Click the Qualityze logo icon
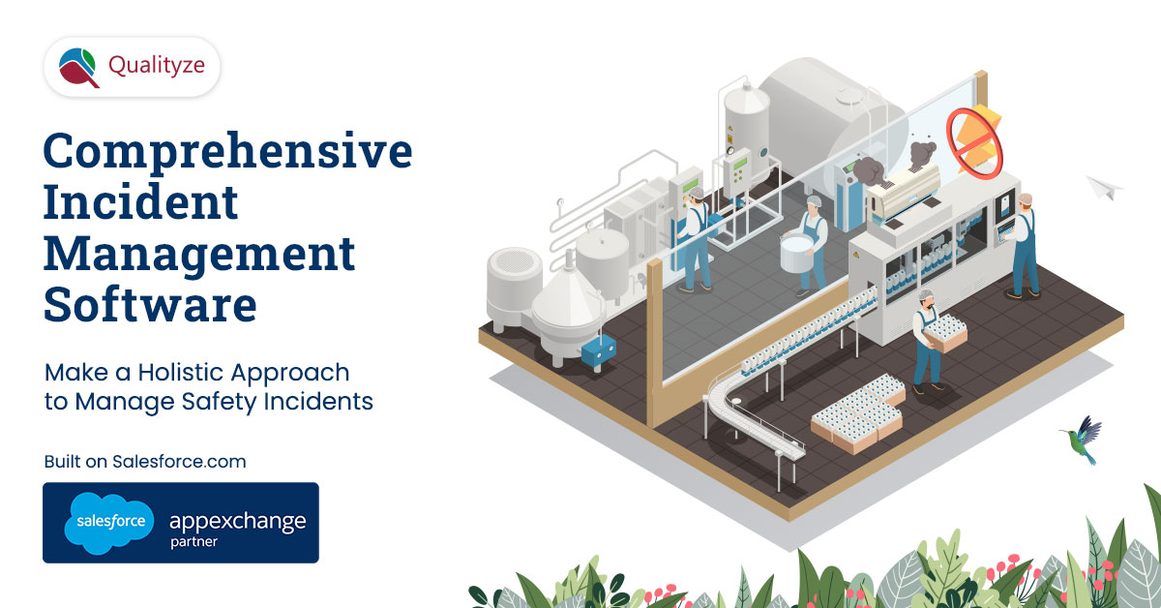[x=78, y=68]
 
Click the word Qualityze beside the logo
[x=157, y=67]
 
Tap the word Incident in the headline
[x=141, y=201]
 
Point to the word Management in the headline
[x=199, y=256]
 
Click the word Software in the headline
[x=150, y=304]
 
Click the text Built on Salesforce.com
[x=145, y=461]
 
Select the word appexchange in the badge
[x=237, y=522]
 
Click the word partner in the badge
[x=193, y=542]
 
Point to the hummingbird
[x=1084, y=440]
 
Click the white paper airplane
[x=1104, y=187]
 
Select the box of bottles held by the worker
[x=946, y=332]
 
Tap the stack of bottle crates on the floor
[x=858, y=414]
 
